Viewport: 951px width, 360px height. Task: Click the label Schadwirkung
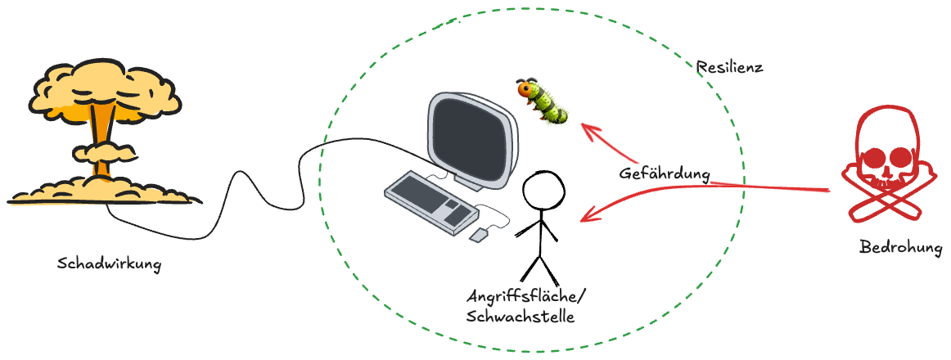(x=109, y=264)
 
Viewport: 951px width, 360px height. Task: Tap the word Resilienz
(x=729, y=67)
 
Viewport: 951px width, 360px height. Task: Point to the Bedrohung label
(x=901, y=246)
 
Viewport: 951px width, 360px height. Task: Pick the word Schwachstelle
(x=520, y=317)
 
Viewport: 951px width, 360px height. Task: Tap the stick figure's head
(x=543, y=190)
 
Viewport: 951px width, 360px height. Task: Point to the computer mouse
(x=478, y=236)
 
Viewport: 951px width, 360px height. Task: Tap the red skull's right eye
(x=900, y=155)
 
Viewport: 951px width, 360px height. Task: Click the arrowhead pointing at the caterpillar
(x=584, y=127)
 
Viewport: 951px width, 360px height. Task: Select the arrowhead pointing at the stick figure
(x=583, y=218)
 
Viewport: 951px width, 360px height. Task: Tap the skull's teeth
(x=886, y=175)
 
